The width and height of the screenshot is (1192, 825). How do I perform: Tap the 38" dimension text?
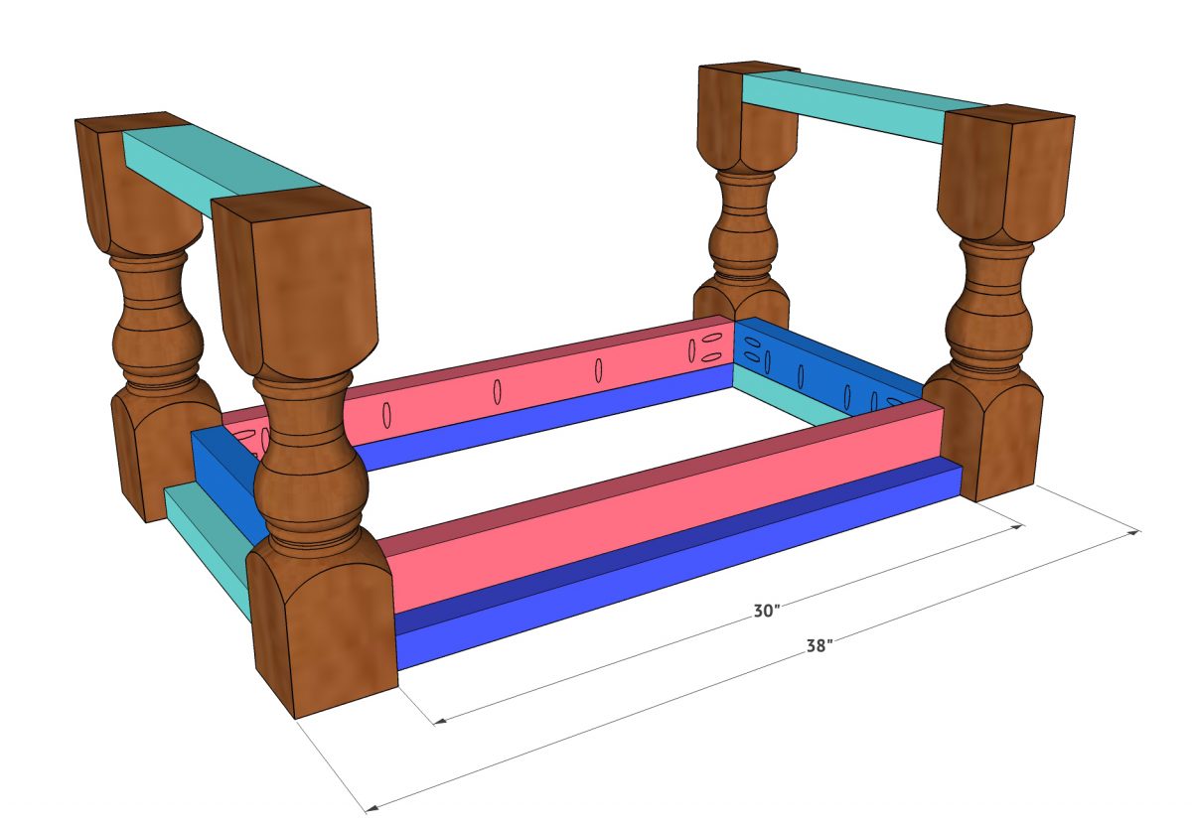point(819,646)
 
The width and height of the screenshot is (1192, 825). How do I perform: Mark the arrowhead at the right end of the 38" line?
point(1136,533)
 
